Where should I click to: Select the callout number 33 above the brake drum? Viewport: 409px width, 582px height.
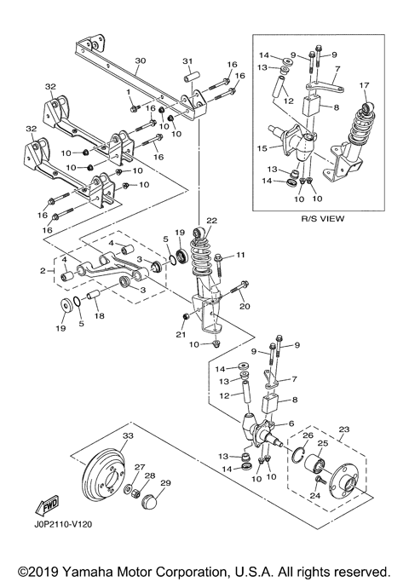coord(128,436)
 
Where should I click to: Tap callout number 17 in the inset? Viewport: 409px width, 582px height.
coord(365,84)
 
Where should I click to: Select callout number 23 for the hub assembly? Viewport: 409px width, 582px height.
coord(345,429)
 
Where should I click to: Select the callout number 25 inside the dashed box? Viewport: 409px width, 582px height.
coord(322,445)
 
